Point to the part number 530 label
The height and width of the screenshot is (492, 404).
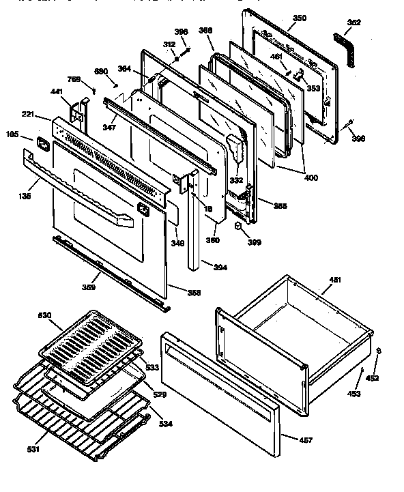click(45, 315)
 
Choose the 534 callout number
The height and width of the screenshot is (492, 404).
click(166, 424)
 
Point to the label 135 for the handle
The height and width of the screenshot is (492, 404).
click(25, 196)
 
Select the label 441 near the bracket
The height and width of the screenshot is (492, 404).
click(56, 90)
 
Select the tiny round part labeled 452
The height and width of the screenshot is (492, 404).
click(379, 352)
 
